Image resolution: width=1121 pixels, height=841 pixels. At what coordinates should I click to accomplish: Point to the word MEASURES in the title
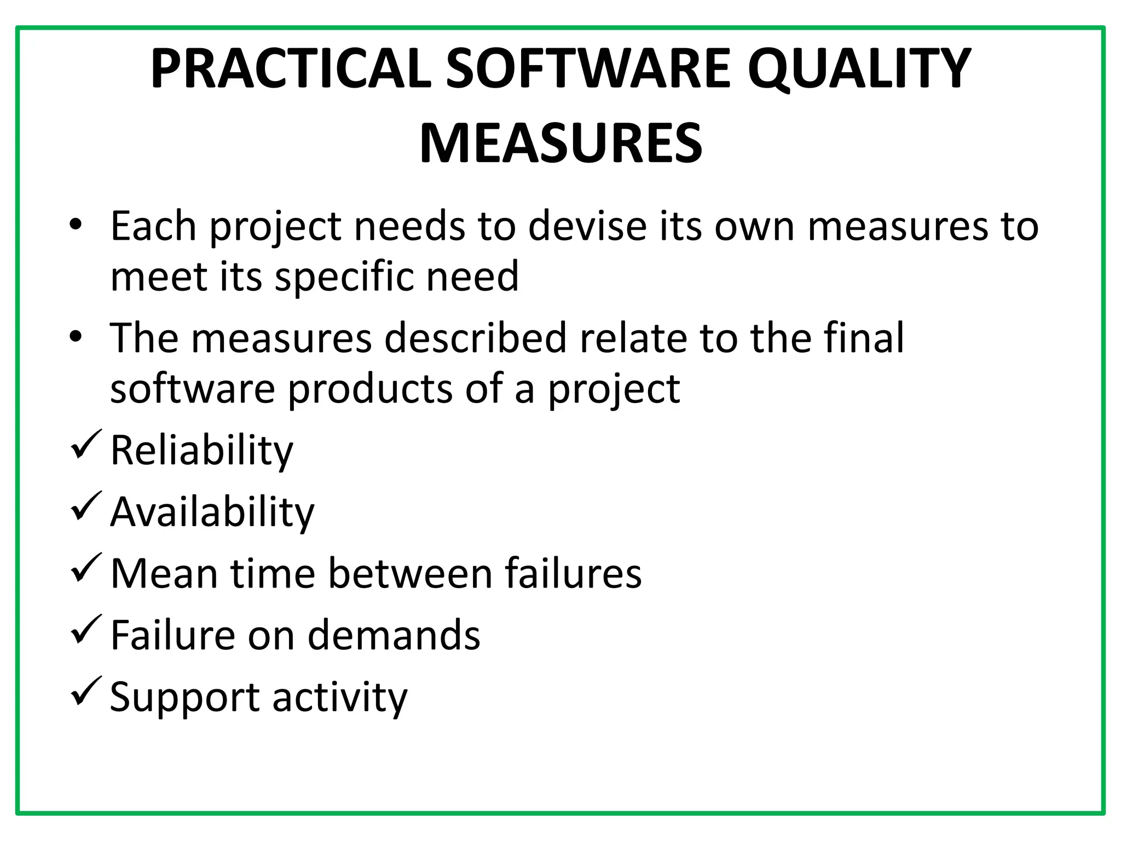pyautogui.click(x=560, y=143)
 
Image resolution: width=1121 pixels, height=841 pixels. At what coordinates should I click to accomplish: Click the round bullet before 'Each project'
pyautogui.click(x=76, y=225)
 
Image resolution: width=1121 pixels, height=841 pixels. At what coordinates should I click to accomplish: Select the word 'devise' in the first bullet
pyautogui.click(x=587, y=226)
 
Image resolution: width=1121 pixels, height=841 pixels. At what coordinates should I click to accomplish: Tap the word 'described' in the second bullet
pyautogui.click(x=475, y=338)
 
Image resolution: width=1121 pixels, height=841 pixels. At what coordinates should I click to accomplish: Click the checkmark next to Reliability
pyautogui.click(x=86, y=445)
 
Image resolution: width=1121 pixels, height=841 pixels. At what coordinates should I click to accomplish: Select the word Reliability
pyautogui.click(x=201, y=451)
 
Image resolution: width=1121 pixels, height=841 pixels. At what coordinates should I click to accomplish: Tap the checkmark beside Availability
pyautogui.click(x=86, y=506)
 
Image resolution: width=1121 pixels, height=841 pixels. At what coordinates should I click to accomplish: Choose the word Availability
pyautogui.click(x=212, y=512)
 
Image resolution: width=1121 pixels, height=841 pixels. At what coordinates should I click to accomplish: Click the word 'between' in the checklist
pyautogui.click(x=411, y=574)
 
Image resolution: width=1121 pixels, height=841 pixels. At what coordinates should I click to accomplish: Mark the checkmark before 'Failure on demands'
pyautogui.click(x=86, y=630)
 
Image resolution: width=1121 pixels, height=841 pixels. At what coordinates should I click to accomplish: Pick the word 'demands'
pyautogui.click(x=394, y=635)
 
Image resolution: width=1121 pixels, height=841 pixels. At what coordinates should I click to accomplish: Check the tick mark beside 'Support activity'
pyautogui.click(x=86, y=691)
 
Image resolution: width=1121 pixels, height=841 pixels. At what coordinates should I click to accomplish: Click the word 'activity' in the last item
pyautogui.click(x=340, y=698)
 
